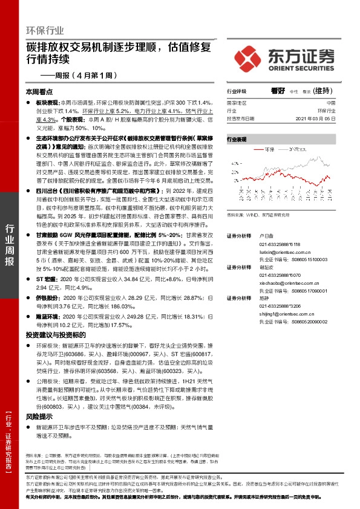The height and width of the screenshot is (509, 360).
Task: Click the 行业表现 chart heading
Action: point(237,139)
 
